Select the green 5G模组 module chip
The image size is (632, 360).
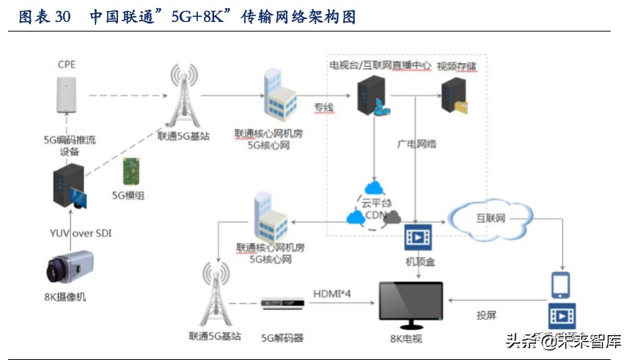[x=130, y=172]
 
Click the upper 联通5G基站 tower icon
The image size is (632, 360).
[x=183, y=95]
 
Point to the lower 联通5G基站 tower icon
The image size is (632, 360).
[x=218, y=293]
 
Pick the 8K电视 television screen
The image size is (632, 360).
[x=410, y=303]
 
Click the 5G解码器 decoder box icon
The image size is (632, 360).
[x=282, y=304]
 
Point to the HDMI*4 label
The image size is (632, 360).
[x=333, y=293]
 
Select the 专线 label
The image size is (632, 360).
[x=323, y=108]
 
